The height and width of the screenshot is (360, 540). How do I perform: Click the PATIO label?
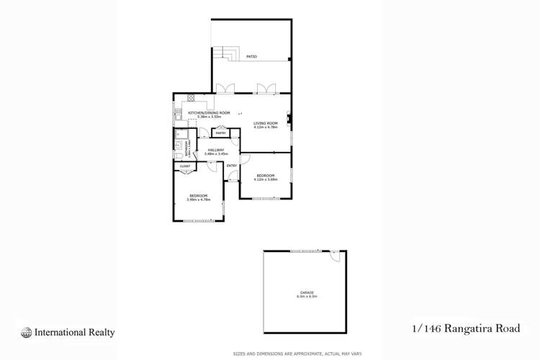(x=252, y=57)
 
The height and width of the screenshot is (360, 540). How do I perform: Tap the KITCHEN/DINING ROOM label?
(x=209, y=113)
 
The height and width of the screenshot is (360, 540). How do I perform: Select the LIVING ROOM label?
(x=265, y=124)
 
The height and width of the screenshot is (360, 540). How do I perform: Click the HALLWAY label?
(x=216, y=150)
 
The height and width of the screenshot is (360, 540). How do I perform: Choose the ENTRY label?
(x=232, y=166)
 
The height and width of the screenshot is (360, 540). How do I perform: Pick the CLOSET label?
(x=185, y=166)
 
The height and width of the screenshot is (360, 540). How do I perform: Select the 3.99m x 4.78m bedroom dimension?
(x=199, y=199)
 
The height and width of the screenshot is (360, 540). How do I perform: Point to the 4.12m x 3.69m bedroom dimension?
(x=266, y=178)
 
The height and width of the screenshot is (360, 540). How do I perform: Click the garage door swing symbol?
(x=334, y=256)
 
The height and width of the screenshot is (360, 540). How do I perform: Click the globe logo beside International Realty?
(x=27, y=333)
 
